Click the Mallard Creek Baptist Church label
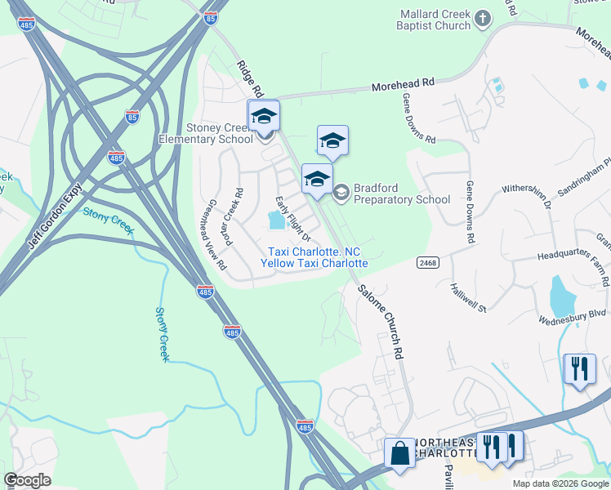click(x=435, y=20)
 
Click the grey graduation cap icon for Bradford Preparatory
click(x=341, y=193)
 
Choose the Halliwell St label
click(x=468, y=297)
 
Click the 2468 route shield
click(x=426, y=262)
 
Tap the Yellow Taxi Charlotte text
click(x=314, y=263)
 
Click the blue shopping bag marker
click(x=400, y=453)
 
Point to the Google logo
click(x=28, y=480)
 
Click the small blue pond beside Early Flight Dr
click(x=276, y=220)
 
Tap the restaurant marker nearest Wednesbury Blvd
click(x=580, y=369)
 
